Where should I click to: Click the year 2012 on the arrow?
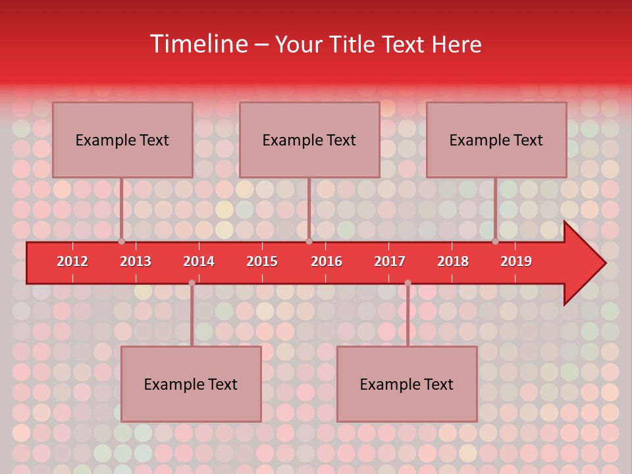(x=72, y=261)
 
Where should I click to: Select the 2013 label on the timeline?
(x=136, y=261)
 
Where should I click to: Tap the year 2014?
(x=199, y=261)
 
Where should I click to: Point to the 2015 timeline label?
(x=262, y=261)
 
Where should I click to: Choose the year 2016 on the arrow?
(x=327, y=261)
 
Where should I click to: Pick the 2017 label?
(x=390, y=261)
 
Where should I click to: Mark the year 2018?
(x=453, y=261)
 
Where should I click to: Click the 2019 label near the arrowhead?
(x=516, y=261)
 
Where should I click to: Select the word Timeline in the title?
(x=197, y=44)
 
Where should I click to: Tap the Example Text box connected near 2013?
(x=122, y=140)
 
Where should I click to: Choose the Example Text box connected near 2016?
(x=309, y=140)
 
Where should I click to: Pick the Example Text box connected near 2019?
(x=496, y=140)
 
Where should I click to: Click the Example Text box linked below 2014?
(x=191, y=384)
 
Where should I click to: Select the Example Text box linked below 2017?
(x=407, y=384)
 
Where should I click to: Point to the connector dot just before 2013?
(x=122, y=242)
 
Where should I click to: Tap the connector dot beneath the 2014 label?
(x=192, y=282)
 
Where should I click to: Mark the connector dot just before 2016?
(x=309, y=242)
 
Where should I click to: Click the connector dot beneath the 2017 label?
(x=408, y=282)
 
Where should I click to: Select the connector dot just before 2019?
(x=496, y=242)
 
